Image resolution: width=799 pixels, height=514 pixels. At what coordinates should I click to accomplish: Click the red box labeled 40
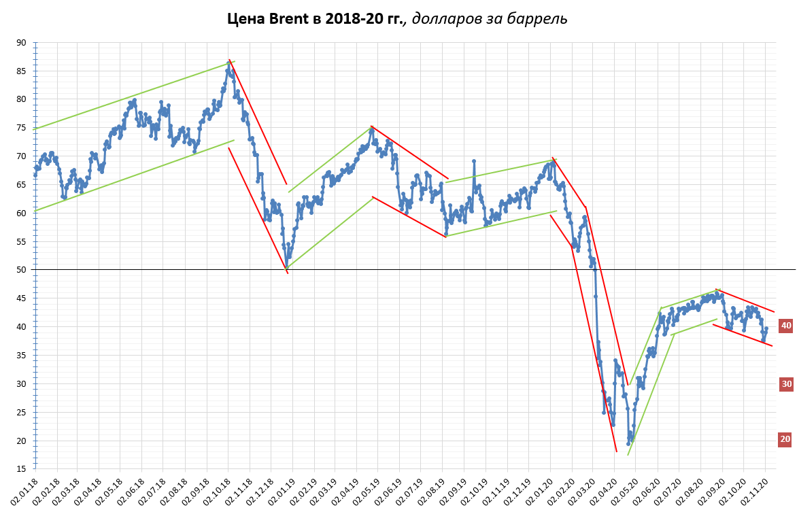point(786,326)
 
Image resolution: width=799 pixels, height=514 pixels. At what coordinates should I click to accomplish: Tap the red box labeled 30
point(786,384)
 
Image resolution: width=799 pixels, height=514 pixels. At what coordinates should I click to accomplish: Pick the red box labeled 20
point(785,439)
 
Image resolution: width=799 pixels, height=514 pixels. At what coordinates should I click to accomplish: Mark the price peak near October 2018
point(229,63)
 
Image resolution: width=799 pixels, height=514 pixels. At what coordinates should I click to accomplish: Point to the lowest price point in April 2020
point(628,443)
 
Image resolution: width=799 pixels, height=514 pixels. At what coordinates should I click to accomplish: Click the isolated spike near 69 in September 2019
point(473,161)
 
